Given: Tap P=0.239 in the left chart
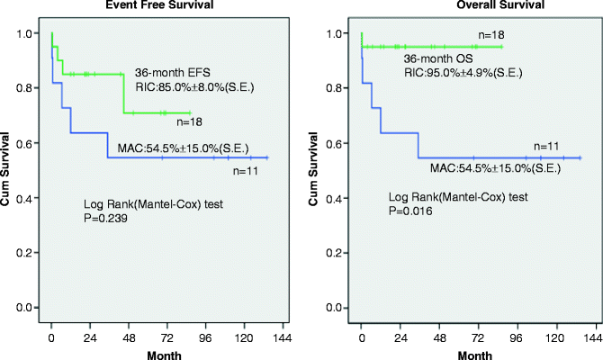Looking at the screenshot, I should coord(105,217).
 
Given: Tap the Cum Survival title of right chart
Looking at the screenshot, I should coord(315,171).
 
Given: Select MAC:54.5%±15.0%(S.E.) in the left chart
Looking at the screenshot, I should coord(183,148).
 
